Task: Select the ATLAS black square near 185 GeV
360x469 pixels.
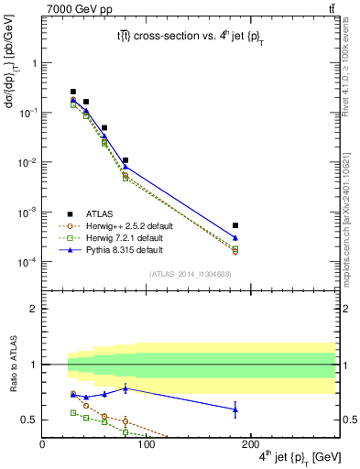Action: pos(235,225)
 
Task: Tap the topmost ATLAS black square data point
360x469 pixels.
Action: pos(73,92)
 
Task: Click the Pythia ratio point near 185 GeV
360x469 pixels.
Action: pos(235,409)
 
